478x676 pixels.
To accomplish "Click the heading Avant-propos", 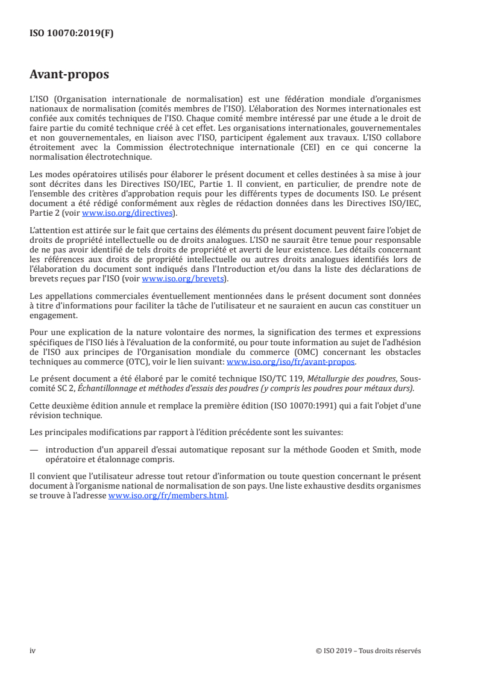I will click(69, 75).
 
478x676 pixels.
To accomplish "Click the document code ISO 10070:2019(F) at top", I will click(71, 34).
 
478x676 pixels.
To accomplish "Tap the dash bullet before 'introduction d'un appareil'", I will click(34, 448).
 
